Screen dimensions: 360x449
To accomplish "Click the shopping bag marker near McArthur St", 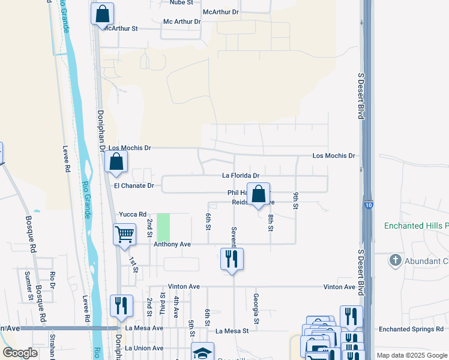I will tap(103, 14).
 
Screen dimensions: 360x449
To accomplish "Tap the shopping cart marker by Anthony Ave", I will tap(124, 234).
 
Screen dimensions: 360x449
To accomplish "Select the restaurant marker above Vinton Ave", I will tap(232, 259).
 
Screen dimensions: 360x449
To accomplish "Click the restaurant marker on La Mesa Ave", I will tap(121, 306).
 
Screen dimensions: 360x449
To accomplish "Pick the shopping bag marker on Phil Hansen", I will tap(259, 194).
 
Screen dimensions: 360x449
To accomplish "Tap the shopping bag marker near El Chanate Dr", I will tap(116, 161).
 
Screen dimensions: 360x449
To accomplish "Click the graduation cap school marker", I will tap(203, 352).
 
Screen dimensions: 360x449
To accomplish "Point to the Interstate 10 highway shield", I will tap(368, 205).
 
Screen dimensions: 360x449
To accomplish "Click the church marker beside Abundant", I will tap(395, 260).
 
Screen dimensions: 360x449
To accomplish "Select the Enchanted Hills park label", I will tap(417, 226).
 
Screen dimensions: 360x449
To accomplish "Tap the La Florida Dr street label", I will tap(241, 176).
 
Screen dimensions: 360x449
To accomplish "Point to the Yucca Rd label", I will tap(133, 214).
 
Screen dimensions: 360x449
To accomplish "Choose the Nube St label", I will tap(181, 3).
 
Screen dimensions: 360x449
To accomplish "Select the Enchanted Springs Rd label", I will tap(412, 329).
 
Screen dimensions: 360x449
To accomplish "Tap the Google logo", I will tap(20, 353).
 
